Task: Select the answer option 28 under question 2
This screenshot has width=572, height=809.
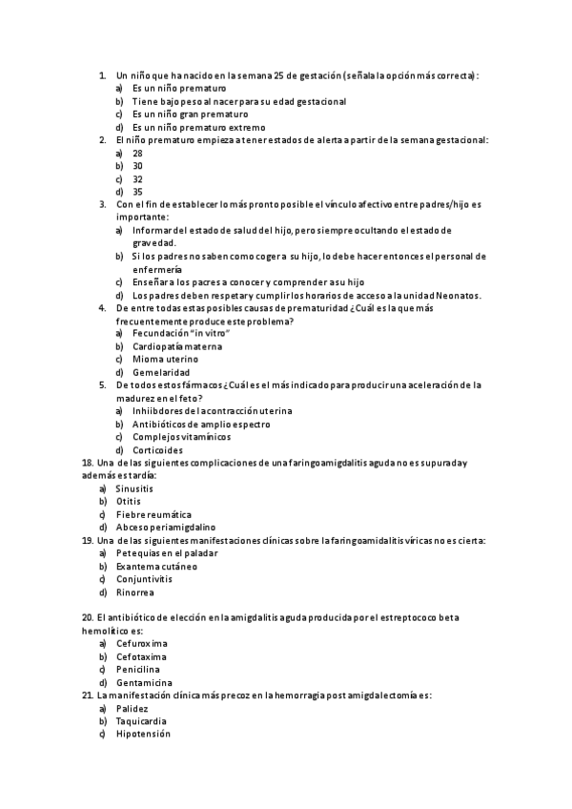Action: coord(137,153)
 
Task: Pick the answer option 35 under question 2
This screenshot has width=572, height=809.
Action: coord(137,191)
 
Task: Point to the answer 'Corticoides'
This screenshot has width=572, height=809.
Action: coord(159,449)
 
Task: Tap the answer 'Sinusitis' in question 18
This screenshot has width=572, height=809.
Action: coord(134,487)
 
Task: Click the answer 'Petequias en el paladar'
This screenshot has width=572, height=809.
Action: coord(167,552)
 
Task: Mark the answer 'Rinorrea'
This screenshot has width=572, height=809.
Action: coord(136,591)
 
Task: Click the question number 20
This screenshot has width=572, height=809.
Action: coord(88,617)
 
